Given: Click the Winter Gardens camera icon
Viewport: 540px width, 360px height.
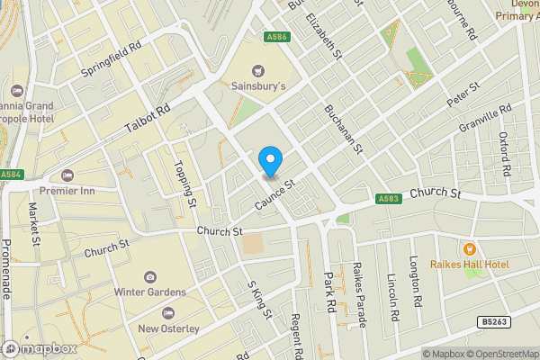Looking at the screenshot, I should click(x=149, y=276).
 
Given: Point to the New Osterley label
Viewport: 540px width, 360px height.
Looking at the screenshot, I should click(x=168, y=328).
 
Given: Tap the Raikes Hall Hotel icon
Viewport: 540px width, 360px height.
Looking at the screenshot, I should click(x=468, y=247).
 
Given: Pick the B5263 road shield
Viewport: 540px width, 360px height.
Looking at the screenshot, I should click(x=490, y=321).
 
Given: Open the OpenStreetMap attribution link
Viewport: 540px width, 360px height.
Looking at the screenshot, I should click(x=498, y=353).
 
